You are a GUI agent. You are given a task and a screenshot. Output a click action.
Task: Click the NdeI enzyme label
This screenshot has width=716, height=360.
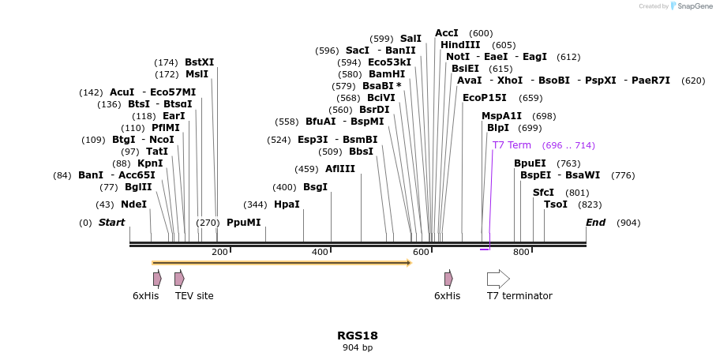click(x=133, y=204)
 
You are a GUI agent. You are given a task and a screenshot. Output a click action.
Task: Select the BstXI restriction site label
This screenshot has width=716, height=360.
click(x=199, y=62)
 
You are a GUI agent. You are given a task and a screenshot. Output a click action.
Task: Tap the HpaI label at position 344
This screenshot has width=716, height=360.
click(x=287, y=204)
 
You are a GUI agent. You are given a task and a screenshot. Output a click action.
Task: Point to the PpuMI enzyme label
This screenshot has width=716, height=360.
click(x=243, y=223)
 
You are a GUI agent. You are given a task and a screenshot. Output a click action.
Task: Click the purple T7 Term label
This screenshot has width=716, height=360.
click(x=512, y=145)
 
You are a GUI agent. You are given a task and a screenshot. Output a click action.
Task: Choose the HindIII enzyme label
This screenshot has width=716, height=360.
click(x=466, y=45)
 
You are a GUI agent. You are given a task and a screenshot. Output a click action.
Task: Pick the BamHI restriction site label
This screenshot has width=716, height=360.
click(x=387, y=74)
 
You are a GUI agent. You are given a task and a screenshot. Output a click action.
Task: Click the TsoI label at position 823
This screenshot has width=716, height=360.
click(x=556, y=204)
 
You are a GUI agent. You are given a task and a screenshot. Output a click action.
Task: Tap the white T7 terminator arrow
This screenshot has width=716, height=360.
click(x=498, y=279)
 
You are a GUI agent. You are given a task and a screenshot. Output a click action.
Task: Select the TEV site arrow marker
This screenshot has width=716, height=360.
click(x=179, y=279)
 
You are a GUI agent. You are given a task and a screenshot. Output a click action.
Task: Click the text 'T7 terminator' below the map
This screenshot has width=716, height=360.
click(x=519, y=296)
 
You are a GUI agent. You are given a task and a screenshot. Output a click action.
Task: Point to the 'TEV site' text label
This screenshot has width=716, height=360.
click(x=194, y=296)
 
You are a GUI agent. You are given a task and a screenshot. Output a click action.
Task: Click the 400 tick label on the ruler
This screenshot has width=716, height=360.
click(x=320, y=252)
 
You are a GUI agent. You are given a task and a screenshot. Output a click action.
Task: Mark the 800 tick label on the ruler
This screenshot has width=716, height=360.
click(x=521, y=252)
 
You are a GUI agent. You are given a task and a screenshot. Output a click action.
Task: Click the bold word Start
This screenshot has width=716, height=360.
click(x=111, y=223)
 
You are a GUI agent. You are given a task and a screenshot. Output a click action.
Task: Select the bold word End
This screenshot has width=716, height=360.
click(x=595, y=223)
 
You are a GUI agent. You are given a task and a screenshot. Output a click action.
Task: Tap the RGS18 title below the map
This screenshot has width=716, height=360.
click(x=357, y=335)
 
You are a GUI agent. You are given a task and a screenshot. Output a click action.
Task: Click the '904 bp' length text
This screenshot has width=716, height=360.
click(x=357, y=347)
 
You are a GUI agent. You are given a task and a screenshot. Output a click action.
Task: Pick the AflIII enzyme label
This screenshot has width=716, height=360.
click(x=340, y=169)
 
